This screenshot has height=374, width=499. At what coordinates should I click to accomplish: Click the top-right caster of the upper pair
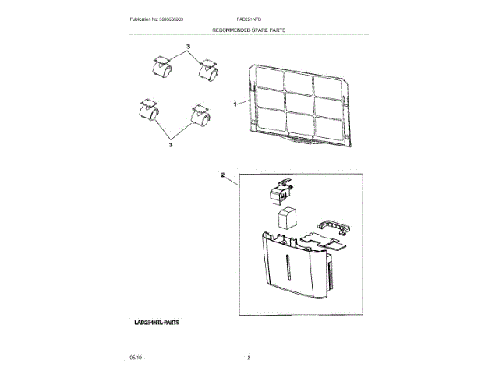coord(208,72)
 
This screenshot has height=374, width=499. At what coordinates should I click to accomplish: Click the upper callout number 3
coord(188,48)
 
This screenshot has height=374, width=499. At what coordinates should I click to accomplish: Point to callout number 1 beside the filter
coord(235,104)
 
